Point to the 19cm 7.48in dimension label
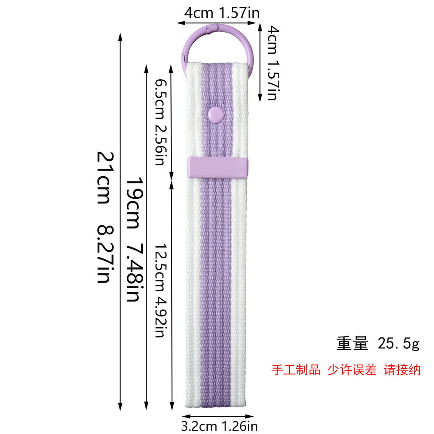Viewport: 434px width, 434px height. click(135, 239)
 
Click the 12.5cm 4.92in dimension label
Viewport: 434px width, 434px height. click(160, 291)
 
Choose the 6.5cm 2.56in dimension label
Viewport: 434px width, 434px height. click(160, 122)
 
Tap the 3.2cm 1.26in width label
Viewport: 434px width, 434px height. click(219, 426)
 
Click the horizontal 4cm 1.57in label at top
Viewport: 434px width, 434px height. click(222, 13)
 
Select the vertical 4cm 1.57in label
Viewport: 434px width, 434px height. click(273, 63)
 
